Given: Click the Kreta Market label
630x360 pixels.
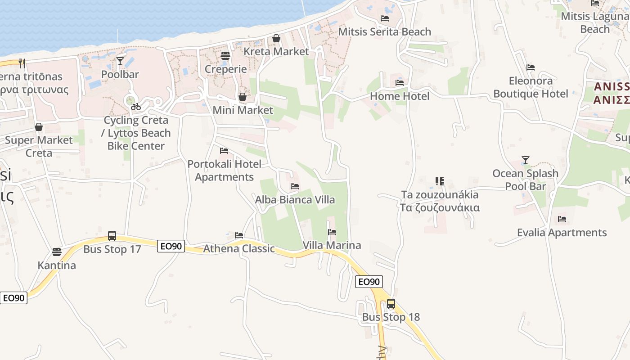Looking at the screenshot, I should coord(276,51).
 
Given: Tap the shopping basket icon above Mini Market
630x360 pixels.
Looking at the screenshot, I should coord(243,97).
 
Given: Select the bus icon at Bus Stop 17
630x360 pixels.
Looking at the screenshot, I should coord(112,236).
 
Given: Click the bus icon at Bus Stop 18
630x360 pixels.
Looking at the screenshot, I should coord(391,304).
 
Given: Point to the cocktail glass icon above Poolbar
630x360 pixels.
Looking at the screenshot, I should coord(120,61).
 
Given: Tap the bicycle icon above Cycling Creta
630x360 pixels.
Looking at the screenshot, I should coord(135,107).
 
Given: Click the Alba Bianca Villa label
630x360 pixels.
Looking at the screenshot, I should coord(295,199).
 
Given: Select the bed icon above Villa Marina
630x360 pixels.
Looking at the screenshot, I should coord(332,232).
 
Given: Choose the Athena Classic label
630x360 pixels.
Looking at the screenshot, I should coord(239,248).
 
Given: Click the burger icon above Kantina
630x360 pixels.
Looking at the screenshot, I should coord(57,252).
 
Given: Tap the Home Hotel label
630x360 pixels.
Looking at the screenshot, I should coord(400,96).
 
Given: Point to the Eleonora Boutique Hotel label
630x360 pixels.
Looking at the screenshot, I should coord(531,87).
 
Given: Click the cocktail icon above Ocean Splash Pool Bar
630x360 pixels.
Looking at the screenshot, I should coord(525,160).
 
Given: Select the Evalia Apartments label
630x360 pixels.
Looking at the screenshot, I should coord(562,233).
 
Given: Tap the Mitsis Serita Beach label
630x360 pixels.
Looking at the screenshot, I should coord(385,31).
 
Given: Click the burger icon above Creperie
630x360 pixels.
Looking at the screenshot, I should coord(225,56).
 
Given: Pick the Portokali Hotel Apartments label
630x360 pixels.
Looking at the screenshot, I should coord(224,171).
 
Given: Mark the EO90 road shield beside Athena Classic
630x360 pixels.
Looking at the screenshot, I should coord(171,246).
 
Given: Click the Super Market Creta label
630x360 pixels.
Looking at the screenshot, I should coord(39,146).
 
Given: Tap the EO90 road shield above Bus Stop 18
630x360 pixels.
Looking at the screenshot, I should coord(369,282).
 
